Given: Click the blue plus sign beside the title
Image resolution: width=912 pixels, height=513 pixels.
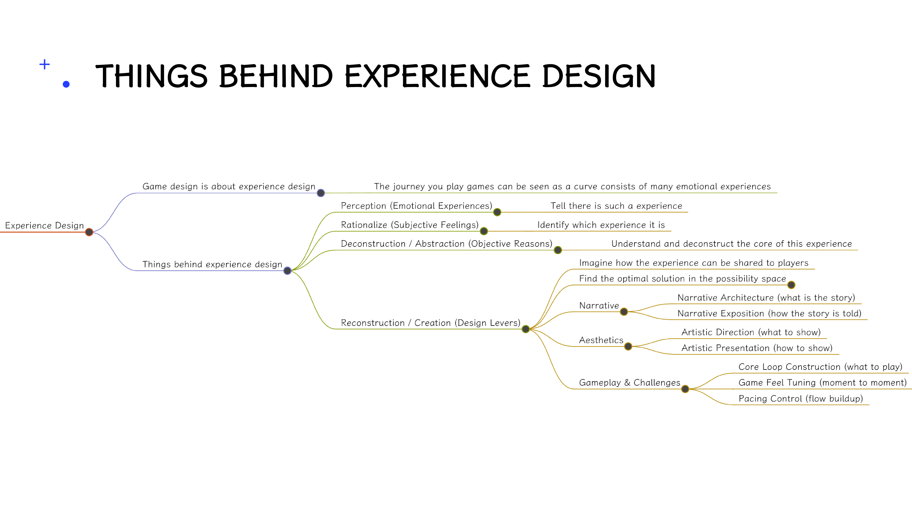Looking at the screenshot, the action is (x=45, y=64).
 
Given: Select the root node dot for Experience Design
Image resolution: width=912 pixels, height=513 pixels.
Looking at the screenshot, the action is (x=89, y=232).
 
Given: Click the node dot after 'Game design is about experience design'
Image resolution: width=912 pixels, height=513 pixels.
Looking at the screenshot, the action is (x=321, y=193).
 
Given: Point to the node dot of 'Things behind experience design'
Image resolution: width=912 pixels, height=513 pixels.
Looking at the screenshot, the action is (x=287, y=271).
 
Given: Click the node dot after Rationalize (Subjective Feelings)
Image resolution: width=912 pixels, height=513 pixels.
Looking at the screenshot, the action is (x=484, y=231).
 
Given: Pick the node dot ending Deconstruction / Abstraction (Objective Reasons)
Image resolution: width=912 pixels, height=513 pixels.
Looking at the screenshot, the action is (x=558, y=250).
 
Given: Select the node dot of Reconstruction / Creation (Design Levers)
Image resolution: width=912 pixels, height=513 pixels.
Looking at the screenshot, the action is (x=526, y=329).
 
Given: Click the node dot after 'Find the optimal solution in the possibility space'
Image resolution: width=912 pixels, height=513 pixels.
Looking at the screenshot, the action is (x=791, y=285).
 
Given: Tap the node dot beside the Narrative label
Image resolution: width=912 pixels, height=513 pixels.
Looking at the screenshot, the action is (x=624, y=312).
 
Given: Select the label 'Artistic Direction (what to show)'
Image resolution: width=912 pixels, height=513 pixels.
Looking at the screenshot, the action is (x=751, y=332).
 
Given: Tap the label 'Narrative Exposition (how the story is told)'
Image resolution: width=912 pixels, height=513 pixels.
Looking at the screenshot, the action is (x=769, y=314).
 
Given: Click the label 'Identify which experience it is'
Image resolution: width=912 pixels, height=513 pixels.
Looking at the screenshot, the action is (x=601, y=225).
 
